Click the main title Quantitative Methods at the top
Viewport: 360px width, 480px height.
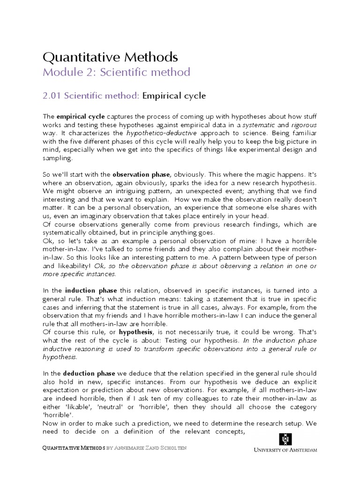click(110, 57)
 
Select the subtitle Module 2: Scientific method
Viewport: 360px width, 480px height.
click(116, 72)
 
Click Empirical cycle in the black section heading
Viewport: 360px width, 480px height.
click(174, 96)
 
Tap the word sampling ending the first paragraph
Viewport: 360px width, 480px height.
click(58, 158)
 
